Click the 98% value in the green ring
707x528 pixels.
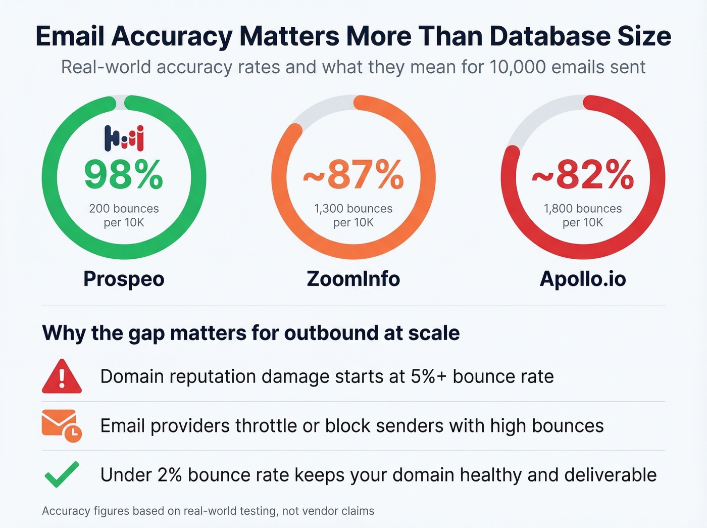[124, 174]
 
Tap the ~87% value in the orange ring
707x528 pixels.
[353, 174]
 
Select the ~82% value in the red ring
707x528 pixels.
[583, 174]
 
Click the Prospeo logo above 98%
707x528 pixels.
[124, 138]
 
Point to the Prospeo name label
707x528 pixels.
[124, 279]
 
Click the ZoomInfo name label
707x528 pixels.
[353, 279]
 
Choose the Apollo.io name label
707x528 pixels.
[583, 279]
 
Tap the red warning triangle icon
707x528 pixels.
[62, 377]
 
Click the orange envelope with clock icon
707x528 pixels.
[61, 426]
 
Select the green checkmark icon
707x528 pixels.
[62, 474]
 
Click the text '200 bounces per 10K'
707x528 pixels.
[124, 215]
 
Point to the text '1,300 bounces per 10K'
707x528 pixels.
[353, 215]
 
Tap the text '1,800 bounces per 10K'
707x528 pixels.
[583, 215]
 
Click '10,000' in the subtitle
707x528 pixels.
[518, 67]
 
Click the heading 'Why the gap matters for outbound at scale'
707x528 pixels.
[251, 333]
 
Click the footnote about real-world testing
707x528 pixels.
[208, 511]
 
